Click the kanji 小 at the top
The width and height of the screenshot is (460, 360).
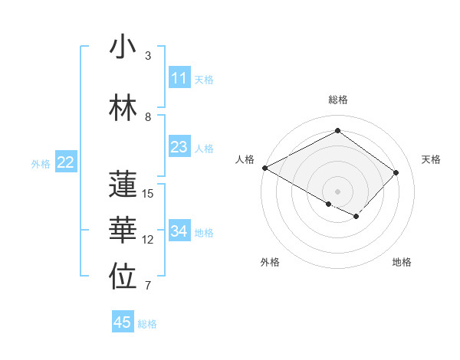[x=123, y=47]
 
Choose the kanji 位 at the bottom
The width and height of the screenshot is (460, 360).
[x=123, y=277]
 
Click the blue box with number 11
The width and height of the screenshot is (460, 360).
[x=179, y=79]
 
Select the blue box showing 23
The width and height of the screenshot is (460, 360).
[x=179, y=148]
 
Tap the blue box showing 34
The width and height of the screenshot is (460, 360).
[x=179, y=232]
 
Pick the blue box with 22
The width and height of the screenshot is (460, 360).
[x=66, y=162]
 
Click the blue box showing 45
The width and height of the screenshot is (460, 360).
[x=123, y=322]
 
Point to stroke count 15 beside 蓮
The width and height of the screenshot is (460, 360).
[x=149, y=194]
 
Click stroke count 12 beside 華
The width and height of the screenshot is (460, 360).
[x=149, y=240]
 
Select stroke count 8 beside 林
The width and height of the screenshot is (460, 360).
[x=148, y=117]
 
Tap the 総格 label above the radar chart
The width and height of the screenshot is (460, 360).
[x=338, y=100]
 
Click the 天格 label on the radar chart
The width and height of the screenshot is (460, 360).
[x=431, y=159]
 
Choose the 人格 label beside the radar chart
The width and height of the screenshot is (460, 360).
[x=245, y=159]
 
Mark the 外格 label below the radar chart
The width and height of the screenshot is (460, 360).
[x=270, y=262]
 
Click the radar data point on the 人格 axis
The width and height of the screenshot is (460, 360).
[x=264, y=168]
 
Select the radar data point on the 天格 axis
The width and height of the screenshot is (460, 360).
[x=396, y=172]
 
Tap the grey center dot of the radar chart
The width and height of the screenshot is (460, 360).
[x=337, y=191]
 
